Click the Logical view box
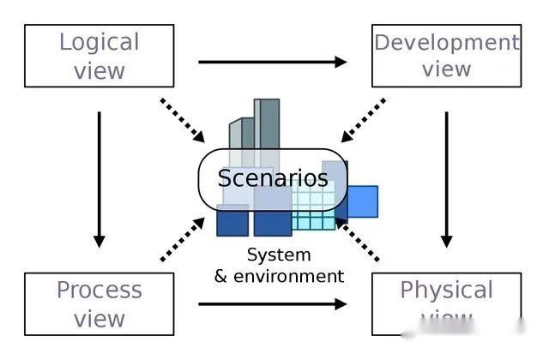100,56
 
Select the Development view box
446,56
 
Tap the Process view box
100,303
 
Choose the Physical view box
446,303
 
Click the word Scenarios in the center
273,178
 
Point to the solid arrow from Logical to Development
272,62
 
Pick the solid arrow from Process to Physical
272,303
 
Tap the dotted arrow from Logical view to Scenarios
183,121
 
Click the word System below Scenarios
279,255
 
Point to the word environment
289,276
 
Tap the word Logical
100,41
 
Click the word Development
446,42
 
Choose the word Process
100,290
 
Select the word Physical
446,290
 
